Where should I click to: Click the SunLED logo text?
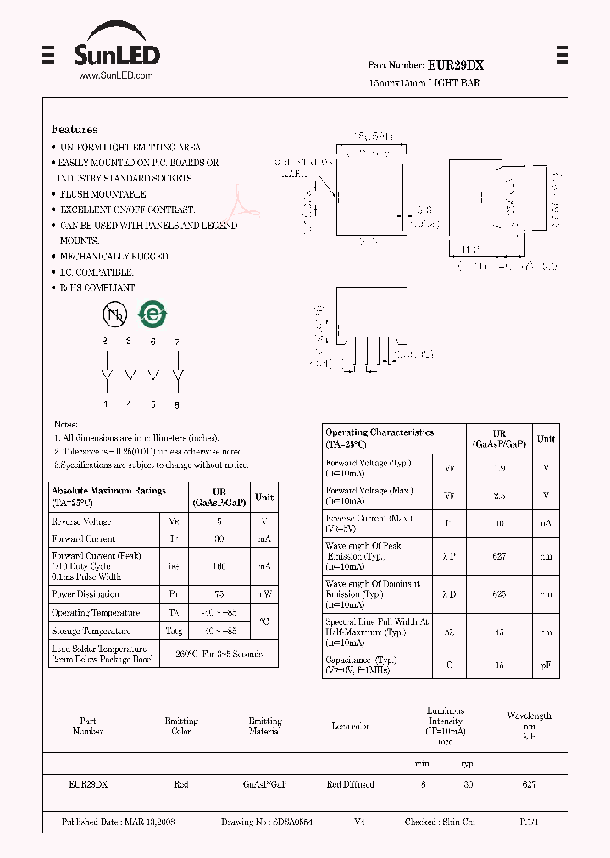[x=116, y=56]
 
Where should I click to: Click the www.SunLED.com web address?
[x=116, y=75]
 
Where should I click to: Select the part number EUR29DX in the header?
[x=456, y=64]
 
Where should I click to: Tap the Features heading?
[x=75, y=130]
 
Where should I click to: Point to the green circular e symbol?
[x=152, y=315]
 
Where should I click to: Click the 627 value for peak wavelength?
[x=499, y=556]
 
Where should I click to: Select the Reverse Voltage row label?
[x=81, y=521]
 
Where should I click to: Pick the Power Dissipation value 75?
[x=219, y=594]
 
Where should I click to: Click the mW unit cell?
[x=264, y=594]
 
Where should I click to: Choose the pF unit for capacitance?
[x=546, y=666]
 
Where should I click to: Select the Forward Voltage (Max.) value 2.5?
[x=499, y=495]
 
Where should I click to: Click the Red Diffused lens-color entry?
[x=350, y=785]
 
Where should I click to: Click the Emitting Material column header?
[x=265, y=726]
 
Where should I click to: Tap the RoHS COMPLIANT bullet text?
[x=98, y=287]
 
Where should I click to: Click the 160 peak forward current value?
[x=219, y=565]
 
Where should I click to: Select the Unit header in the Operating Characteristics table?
[x=546, y=438]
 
